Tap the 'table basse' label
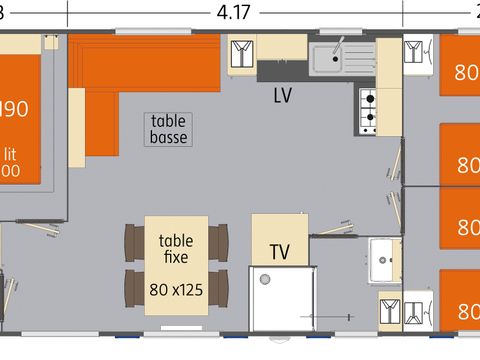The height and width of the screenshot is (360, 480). (168, 127)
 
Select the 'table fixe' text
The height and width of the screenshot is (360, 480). (176, 248)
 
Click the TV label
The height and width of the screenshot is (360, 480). (279, 251)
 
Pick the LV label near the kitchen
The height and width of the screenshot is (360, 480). (284, 96)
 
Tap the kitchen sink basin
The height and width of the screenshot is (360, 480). (327, 63)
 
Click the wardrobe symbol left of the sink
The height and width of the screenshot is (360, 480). (242, 54)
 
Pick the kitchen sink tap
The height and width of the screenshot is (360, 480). (340, 45)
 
